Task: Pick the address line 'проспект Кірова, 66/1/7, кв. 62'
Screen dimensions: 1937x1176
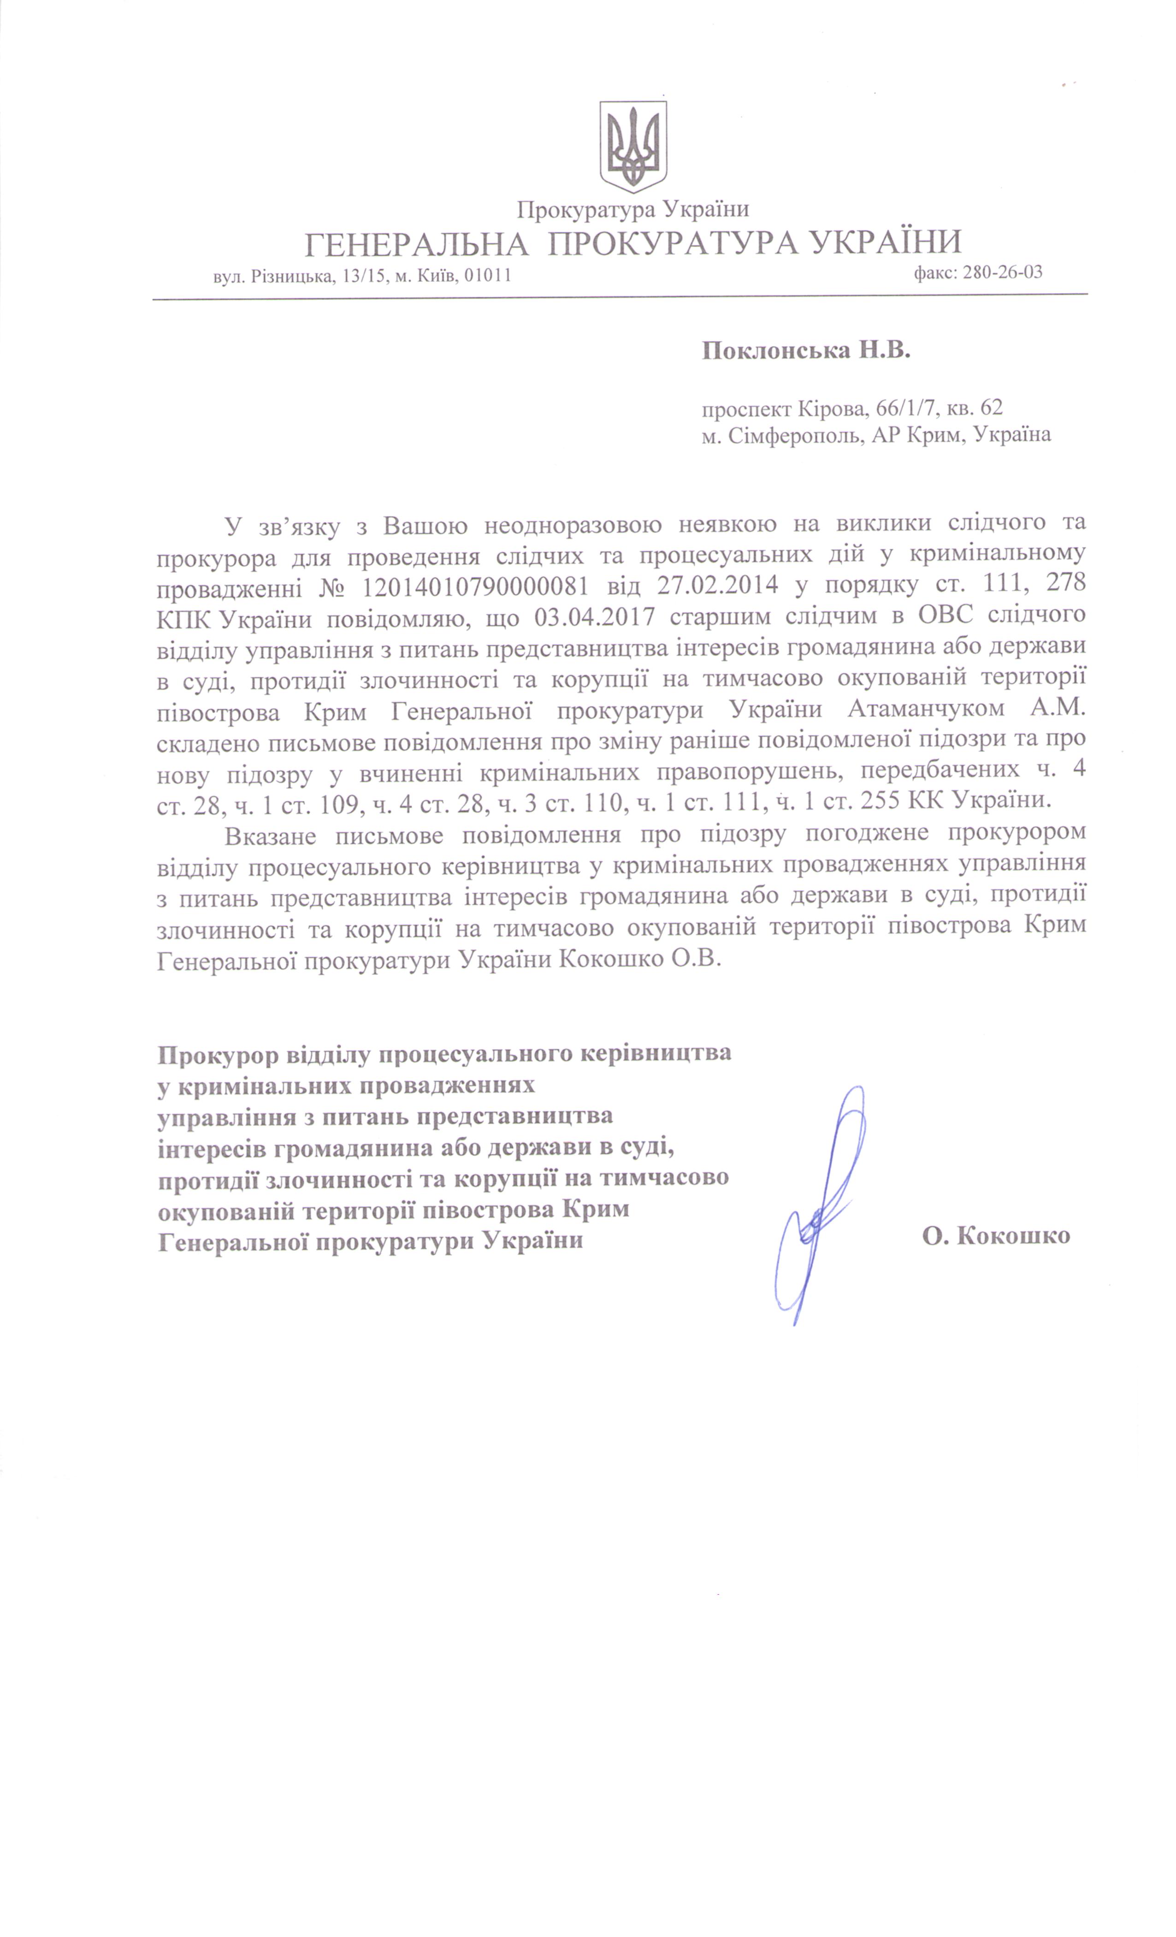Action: pyautogui.click(x=852, y=407)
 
